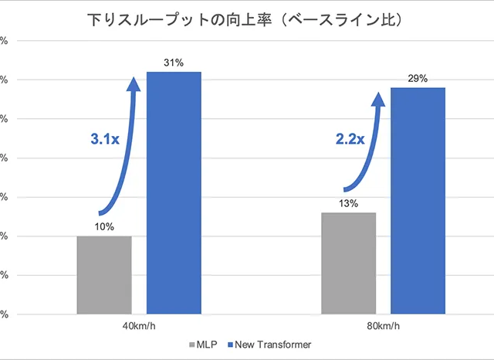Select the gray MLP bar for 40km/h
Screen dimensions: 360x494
tap(104, 274)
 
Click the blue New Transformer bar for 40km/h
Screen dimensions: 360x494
tap(174, 193)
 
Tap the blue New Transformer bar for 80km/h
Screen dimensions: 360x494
tap(418, 201)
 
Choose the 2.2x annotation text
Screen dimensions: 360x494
tap(349, 140)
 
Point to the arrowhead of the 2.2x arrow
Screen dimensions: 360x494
tap(379, 99)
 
